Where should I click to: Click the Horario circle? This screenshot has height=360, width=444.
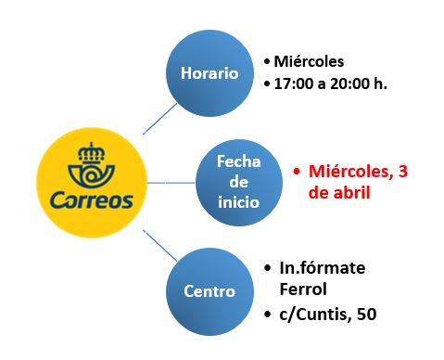[209, 73]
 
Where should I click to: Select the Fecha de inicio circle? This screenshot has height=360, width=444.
[239, 183]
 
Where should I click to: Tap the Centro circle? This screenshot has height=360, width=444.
[209, 291]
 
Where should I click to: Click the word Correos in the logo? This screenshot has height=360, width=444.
[92, 200]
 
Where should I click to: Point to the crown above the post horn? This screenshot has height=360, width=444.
[92, 153]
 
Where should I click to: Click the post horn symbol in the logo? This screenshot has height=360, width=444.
[91, 175]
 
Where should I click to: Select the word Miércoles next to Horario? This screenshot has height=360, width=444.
[309, 61]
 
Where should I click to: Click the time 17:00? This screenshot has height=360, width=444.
[294, 84]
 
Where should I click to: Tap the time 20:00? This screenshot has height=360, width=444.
[349, 84]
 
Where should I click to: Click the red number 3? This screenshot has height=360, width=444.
[403, 171]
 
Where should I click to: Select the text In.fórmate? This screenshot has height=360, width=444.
[323, 268]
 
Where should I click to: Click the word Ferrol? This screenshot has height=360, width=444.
[303, 289]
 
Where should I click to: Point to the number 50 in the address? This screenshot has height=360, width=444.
[367, 314]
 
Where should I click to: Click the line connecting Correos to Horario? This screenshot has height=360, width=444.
[160, 119]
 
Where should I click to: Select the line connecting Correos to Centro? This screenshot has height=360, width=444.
[160, 246]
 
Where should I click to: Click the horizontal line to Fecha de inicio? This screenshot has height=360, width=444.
[171, 183]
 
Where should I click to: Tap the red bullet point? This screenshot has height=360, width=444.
[297, 172]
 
